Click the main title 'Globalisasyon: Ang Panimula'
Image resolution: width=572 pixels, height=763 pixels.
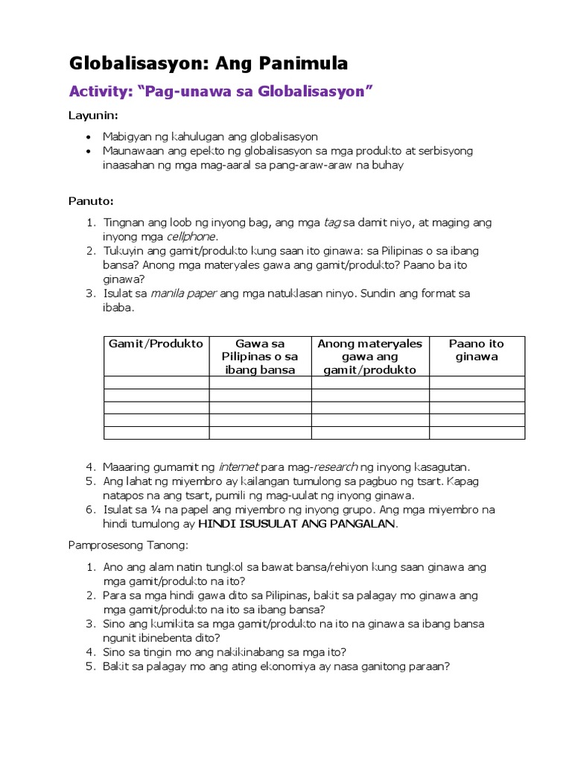209,64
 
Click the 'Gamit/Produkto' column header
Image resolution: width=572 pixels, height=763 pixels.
156,343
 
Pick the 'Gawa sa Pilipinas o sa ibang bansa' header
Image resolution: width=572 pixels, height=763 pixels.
260,356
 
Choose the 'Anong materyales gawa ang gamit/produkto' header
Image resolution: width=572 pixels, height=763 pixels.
369,356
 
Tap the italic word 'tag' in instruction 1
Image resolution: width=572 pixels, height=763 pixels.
332,223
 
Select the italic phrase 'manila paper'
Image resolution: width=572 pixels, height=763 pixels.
183,294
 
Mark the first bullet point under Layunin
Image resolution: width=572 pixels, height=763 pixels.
89,138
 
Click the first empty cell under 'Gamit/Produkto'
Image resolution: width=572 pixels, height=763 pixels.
156,382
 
